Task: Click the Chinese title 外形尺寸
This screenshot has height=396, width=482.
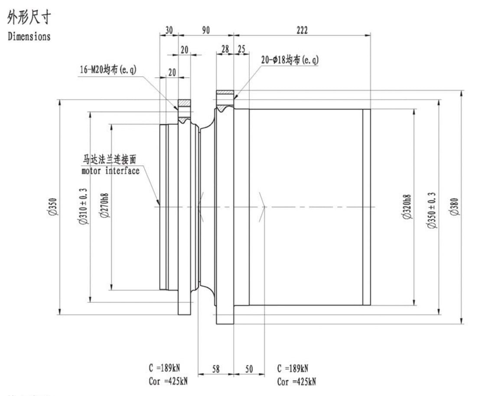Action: click(29, 17)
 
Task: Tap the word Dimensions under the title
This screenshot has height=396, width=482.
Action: click(29, 36)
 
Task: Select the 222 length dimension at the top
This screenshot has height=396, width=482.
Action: click(302, 30)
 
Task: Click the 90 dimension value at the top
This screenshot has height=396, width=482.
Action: click(206, 30)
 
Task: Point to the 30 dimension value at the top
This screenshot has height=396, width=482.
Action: click(169, 30)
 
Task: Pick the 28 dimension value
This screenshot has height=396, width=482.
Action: click(225, 49)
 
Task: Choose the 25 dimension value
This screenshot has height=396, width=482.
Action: click(241, 49)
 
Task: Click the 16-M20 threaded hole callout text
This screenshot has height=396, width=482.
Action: click(108, 69)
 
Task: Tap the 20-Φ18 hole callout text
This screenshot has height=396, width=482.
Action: click(290, 60)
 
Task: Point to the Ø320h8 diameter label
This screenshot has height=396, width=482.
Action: click(407, 207)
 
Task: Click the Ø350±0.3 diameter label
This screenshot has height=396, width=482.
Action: click(432, 210)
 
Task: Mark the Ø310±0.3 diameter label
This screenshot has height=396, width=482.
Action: click(83, 206)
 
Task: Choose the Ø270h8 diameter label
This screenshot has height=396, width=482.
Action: click(104, 205)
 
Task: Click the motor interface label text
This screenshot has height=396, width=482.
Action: click(111, 171)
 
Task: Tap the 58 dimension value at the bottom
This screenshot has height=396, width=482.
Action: click(216, 369)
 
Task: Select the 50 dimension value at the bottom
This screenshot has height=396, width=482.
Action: click(249, 369)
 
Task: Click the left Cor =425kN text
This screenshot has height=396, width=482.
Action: click(168, 381)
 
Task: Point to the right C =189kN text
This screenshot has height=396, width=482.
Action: click(293, 368)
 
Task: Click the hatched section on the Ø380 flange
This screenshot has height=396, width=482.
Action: click(225, 92)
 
